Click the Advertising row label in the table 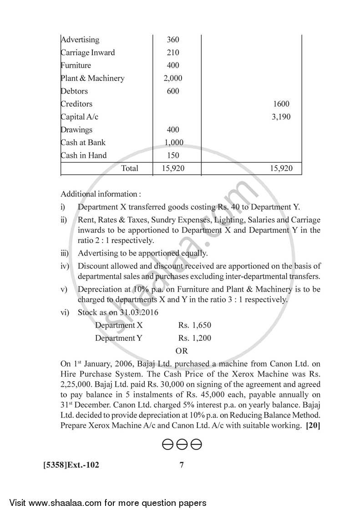[80, 40]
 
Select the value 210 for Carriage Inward [173, 52]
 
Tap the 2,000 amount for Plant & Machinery [173, 78]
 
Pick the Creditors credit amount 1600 [281, 104]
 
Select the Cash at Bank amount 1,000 [174, 142]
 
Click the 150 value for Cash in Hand [173, 155]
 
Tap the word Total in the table [130, 168]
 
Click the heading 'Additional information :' [101, 194]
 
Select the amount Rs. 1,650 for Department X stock [195, 325]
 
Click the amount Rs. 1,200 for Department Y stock [195, 338]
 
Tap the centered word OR [182, 351]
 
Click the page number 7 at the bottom [181, 465]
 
